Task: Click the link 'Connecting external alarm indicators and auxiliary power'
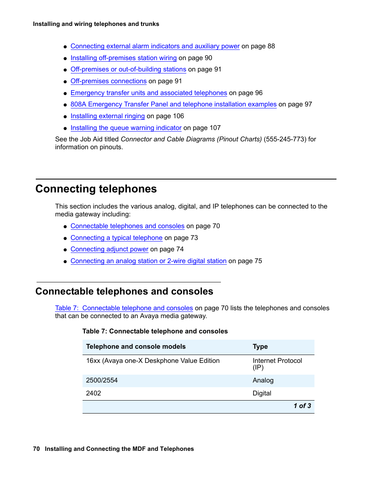[155, 46]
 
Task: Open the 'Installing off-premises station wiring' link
[123, 58]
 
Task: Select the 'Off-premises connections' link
[108, 81]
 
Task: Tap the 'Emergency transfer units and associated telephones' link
[149, 93]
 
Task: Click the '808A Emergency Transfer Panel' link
[173, 104]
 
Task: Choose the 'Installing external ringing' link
[107, 116]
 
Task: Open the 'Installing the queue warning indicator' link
[126, 128]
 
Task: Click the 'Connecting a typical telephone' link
[116, 238]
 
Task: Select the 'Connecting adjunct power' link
[109, 249]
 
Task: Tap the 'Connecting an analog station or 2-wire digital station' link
[148, 261]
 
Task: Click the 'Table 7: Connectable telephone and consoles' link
[124, 308]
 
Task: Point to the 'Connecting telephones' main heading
[96, 189]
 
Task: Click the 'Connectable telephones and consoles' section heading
[124, 291]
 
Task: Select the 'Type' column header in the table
[260, 347]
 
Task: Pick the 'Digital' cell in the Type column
[262, 393]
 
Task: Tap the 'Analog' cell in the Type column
[263, 381]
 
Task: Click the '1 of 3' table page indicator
[302, 406]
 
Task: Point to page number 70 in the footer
[36, 449]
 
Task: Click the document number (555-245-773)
[285, 139]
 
